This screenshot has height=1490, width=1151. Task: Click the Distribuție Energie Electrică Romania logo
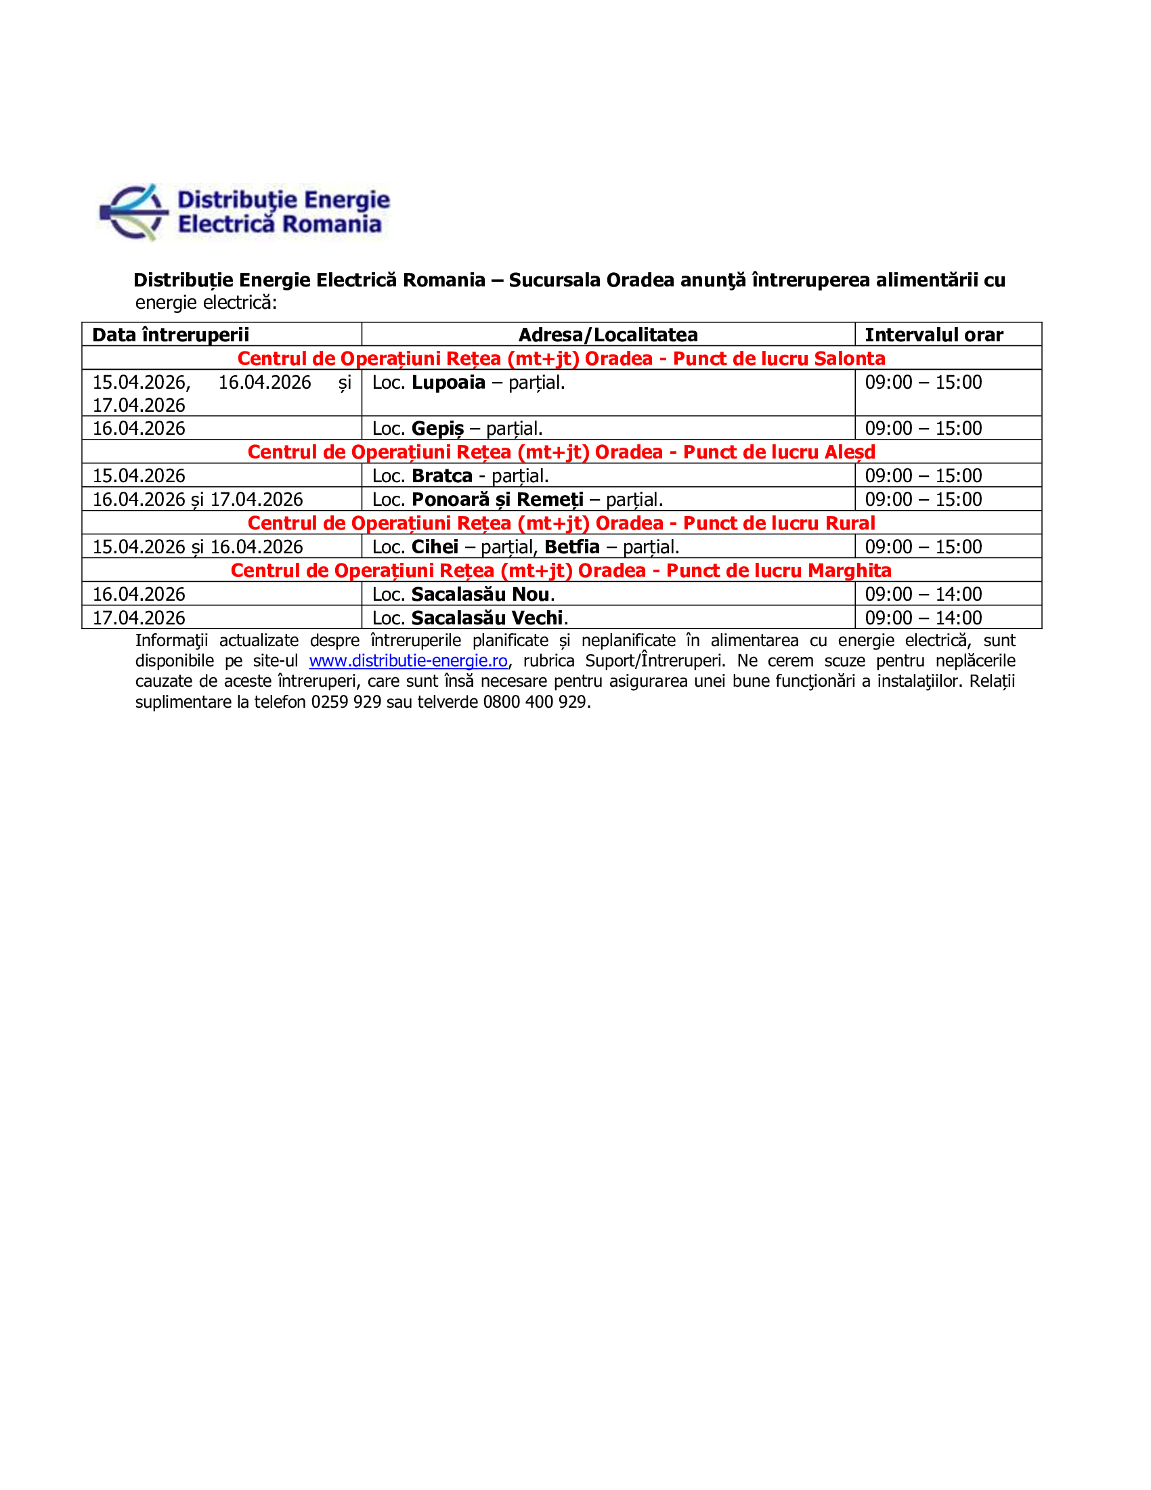(244, 212)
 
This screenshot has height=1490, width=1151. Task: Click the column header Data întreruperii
(171, 335)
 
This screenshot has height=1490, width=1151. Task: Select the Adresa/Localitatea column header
(607, 335)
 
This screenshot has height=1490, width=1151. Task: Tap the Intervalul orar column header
(934, 335)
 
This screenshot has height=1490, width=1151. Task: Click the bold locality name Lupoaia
(448, 382)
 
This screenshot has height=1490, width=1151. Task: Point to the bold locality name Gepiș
(437, 429)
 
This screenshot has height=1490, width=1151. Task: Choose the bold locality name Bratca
(442, 475)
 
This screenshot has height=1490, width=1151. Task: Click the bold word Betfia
(571, 547)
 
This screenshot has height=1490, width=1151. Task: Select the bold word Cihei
(435, 547)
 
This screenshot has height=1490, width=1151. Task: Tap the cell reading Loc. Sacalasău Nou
(464, 594)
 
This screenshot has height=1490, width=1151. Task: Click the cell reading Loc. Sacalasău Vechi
(471, 618)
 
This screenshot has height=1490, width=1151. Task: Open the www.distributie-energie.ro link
(408, 660)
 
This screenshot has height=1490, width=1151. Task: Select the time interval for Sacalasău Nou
(924, 594)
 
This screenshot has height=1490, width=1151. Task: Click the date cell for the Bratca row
(139, 475)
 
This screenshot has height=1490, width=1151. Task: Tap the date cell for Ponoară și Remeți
(198, 499)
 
